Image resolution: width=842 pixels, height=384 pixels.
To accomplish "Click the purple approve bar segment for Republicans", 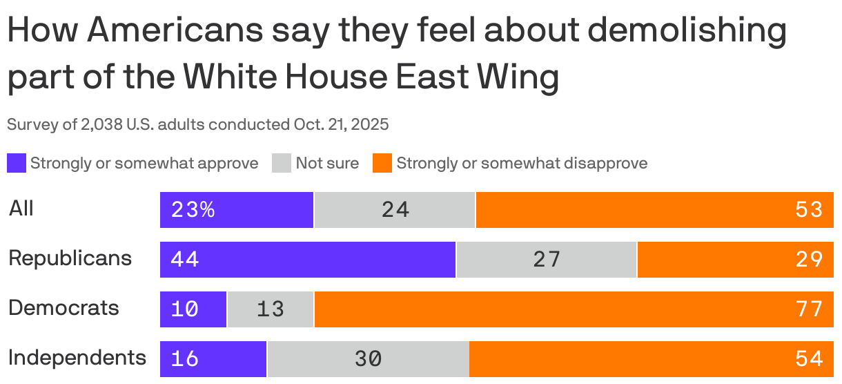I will coord(308,260).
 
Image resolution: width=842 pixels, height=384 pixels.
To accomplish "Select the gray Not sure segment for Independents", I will coord(368,359).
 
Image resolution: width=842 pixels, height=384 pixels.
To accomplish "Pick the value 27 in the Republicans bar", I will coord(546,260).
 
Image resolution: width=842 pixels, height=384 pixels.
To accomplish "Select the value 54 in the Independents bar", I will coord(808,359).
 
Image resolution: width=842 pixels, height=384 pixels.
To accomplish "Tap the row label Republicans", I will coord(70,258).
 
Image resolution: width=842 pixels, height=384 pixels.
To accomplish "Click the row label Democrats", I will coord(63,307).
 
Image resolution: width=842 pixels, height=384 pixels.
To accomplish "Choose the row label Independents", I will coord(77,358).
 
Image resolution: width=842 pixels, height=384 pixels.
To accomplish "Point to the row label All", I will coord(21,209).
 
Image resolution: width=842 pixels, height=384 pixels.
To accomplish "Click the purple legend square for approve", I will coord(17,164).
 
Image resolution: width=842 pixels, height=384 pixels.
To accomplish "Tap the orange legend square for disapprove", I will coord(382,164).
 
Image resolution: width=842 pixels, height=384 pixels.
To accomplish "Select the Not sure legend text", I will coord(327,164).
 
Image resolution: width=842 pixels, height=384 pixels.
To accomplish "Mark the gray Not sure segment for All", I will coord(395,210).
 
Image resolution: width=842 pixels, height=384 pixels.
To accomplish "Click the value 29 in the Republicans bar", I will coord(808,260).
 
